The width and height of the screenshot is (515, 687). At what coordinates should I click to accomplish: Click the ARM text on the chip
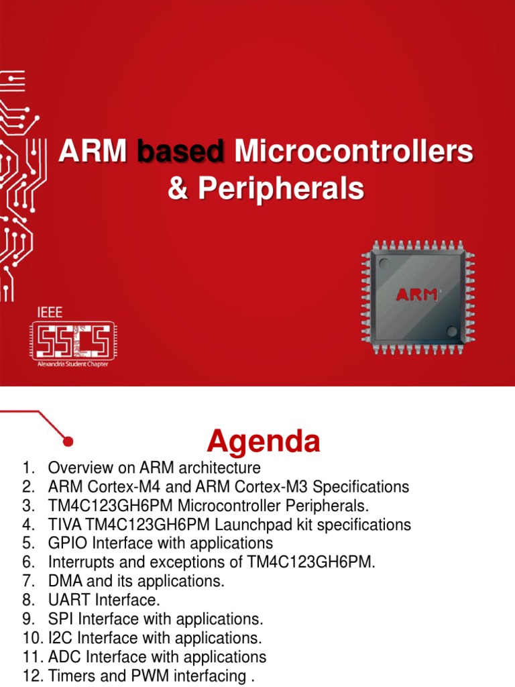416,295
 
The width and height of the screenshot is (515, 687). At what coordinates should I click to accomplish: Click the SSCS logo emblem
74,340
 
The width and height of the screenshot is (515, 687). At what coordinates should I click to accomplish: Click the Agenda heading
264,441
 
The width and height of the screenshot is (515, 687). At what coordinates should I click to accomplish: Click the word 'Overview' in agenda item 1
76,467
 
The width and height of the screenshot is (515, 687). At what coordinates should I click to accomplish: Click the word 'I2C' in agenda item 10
58,637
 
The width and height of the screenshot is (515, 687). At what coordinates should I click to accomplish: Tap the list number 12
33,676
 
